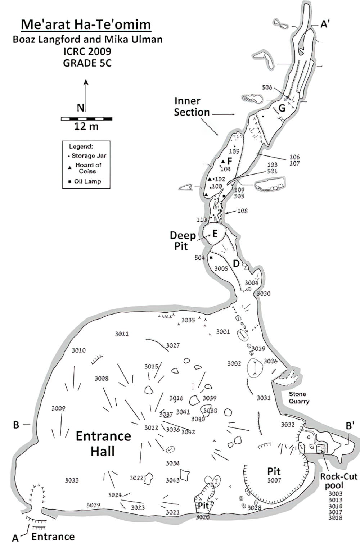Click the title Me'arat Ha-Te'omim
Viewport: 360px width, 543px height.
[86, 24]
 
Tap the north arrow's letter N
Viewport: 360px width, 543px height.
[80, 108]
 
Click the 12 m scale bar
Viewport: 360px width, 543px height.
[86, 119]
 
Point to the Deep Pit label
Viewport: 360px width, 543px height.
[183, 241]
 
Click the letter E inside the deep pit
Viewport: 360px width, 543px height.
[215, 234]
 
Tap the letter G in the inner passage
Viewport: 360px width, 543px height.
[282, 108]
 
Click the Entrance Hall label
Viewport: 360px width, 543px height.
[103, 443]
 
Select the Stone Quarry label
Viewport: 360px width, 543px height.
[298, 398]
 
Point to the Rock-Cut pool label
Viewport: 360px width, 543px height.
[339, 481]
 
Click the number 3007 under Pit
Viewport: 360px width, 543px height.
[274, 480]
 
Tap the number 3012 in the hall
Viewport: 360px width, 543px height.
[151, 427]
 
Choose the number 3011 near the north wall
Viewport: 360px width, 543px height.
[122, 334]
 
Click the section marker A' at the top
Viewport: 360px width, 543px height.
[325, 24]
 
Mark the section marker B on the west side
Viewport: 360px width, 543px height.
[16, 425]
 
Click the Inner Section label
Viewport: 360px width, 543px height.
[192, 107]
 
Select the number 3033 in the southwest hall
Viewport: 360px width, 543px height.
[72, 480]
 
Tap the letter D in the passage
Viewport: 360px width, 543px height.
[236, 264]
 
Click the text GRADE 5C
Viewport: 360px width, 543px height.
[87, 63]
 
